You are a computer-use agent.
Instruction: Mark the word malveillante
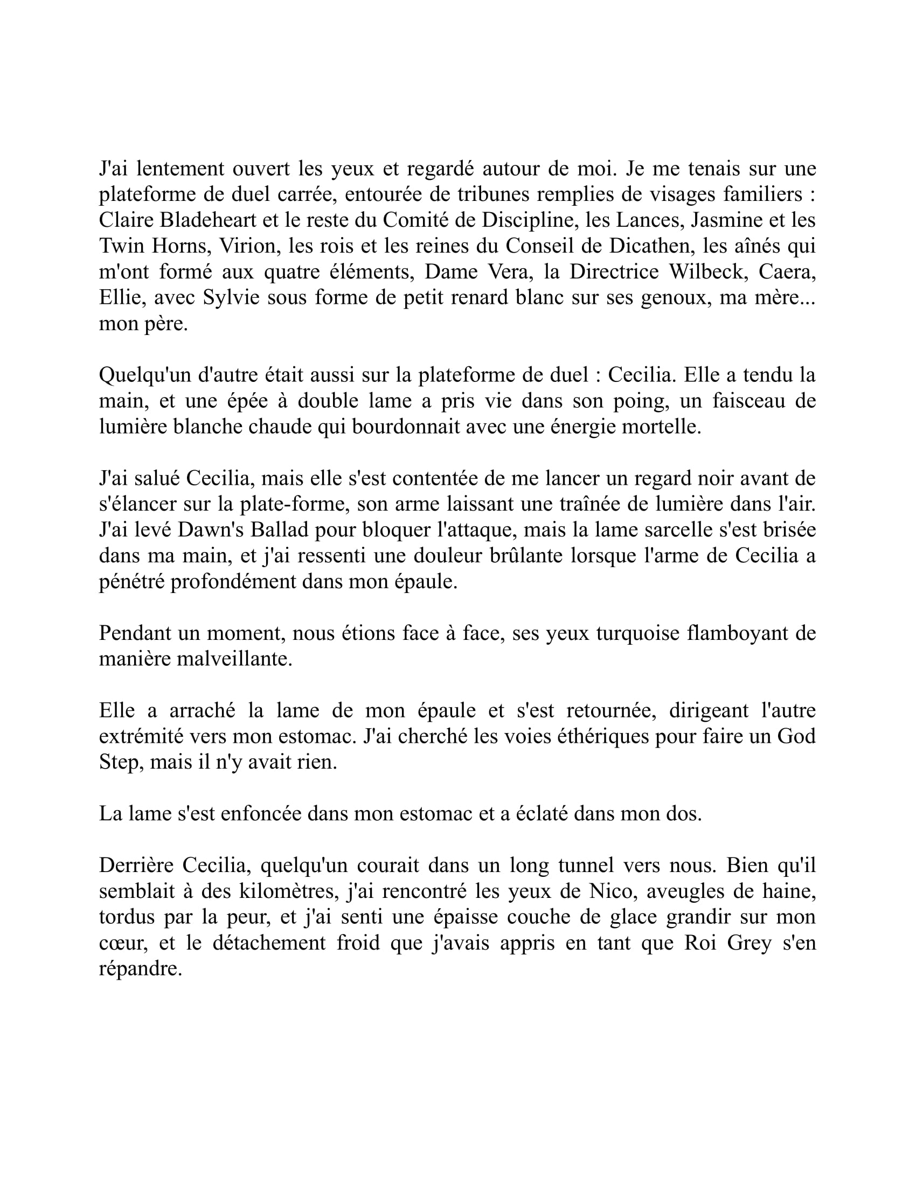click(x=196, y=659)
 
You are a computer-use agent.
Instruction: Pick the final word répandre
click(x=140, y=969)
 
